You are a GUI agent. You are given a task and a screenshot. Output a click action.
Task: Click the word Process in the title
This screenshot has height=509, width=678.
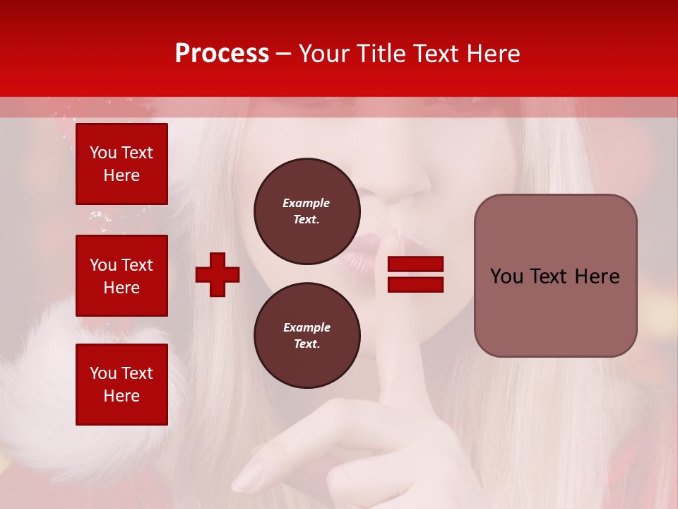click(222, 54)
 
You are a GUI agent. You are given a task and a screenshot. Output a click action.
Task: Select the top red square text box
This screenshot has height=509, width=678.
click(121, 164)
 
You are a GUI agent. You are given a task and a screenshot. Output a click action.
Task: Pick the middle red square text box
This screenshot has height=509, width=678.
click(121, 276)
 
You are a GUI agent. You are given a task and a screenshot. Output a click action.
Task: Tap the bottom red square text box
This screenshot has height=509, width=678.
click(121, 385)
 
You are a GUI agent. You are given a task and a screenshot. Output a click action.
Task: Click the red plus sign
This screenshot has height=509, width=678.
click(218, 274)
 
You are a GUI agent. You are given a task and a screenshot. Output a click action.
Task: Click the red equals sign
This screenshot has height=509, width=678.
click(415, 274)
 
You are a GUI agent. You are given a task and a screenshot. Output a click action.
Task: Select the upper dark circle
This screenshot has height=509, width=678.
click(307, 211)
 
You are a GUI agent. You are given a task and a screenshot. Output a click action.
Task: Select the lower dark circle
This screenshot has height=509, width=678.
click(307, 336)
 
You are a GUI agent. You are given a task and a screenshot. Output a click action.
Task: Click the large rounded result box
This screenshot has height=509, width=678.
click(555, 276)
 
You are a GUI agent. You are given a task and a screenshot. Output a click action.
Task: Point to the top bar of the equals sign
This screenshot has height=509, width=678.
click(415, 264)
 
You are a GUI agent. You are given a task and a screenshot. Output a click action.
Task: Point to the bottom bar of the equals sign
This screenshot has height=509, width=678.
click(415, 285)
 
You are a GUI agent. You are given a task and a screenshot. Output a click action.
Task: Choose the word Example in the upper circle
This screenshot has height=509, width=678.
click(306, 203)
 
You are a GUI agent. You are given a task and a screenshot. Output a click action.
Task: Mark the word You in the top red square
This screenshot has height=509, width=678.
click(102, 153)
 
